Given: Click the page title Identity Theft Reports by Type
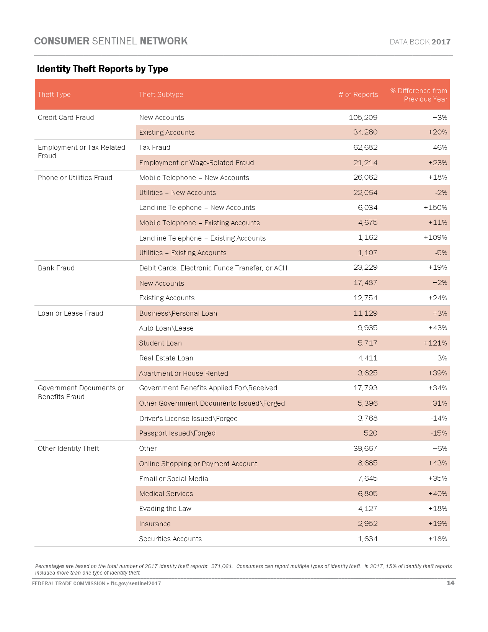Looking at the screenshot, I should click(102, 69).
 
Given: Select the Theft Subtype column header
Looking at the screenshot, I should click(161, 95).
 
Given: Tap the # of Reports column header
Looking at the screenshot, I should click(358, 95).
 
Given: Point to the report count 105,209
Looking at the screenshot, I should click(363, 118).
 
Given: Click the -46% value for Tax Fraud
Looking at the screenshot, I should click(439, 147).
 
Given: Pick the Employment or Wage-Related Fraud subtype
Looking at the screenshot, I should click(196, 163).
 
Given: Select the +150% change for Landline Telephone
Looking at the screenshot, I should click(435, 208).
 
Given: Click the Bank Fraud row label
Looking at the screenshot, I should click(56, 268).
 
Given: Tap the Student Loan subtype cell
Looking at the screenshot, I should click(160, 343).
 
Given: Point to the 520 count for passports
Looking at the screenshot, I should click(370, 433).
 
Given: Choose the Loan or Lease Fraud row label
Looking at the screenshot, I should click(70, 313).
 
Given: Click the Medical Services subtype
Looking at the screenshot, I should click(166, 494).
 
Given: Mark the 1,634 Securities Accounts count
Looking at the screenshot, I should click(367, 539).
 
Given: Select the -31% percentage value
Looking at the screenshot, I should click(439, 403).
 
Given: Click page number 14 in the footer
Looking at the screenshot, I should click(450, 583).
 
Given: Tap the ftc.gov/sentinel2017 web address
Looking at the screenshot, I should click(136, 583).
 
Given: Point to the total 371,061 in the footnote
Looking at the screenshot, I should click(222, 566).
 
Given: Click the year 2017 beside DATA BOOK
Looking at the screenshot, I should click(441, 42).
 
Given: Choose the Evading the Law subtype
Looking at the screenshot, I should click(165, 509).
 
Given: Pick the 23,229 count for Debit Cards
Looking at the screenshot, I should click(365, 267).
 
